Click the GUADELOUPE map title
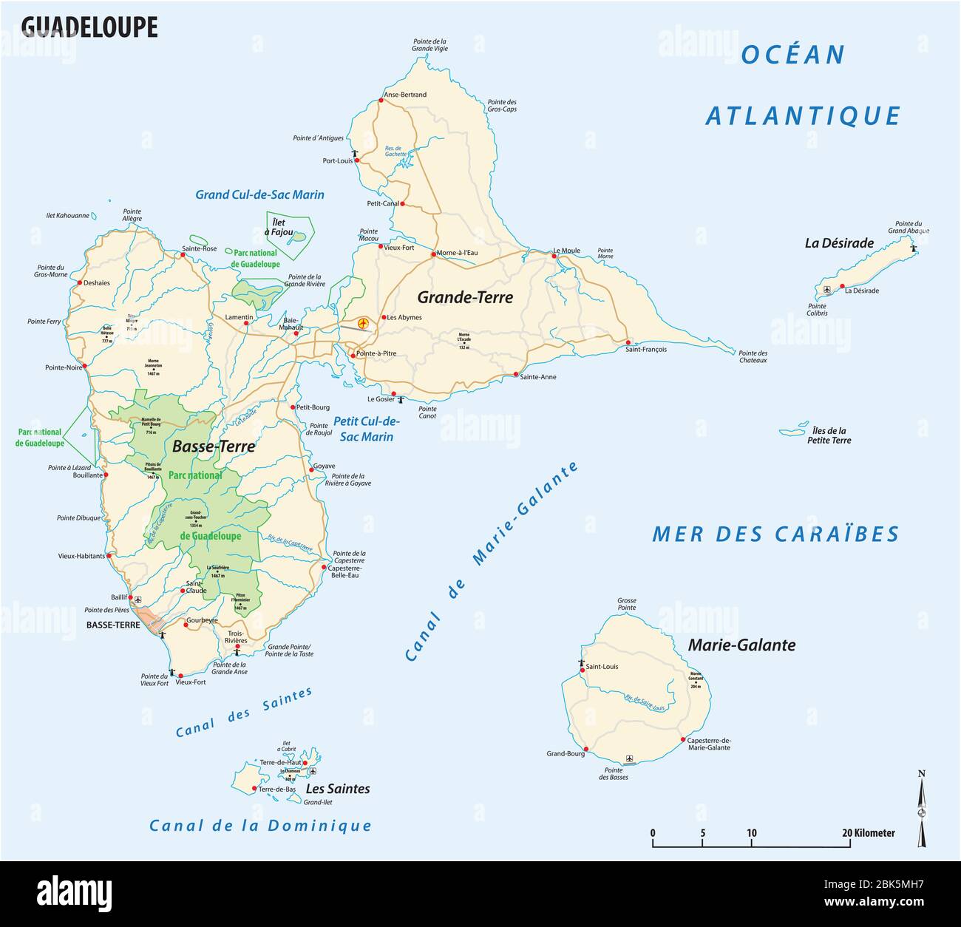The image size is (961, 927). pyautogui.click(x=89, y=27)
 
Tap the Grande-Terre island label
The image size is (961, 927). pyautogui.click(x=464, y=297)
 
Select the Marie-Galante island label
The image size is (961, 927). pyautogui.click(x=741, y=645)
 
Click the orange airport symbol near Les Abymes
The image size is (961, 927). pyautogui.click(x=363, y=323)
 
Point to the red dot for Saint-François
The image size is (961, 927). pyautogui.click(x=628, y=342)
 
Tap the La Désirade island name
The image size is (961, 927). pyautogui.click(x=839, y=242)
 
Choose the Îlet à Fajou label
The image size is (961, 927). pyautogui.click(x=282, y=226)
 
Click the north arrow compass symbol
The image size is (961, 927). pyautogui.click(x=921, y=809)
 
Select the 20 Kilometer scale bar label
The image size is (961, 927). pyautogui.click(x=869, y=833)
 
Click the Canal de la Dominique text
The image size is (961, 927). pyautogui.click(x=260, y=826)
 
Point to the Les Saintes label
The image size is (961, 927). pyautogui.click(x=338, y=789)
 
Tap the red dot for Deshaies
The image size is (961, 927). pyautogui.click(x=79, y=282)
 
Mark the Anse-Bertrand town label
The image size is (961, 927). pyautogui.click(x=405, y=95)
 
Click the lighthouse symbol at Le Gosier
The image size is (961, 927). pyautogui.click(x=401, y=400)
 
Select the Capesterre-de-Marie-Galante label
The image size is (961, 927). pyautogui.click(x=708, y=744)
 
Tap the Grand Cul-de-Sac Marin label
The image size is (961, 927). pyautogui.click(x=259, y=195)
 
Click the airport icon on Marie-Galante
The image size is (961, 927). pyautogui.click(x=629, y=758)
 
